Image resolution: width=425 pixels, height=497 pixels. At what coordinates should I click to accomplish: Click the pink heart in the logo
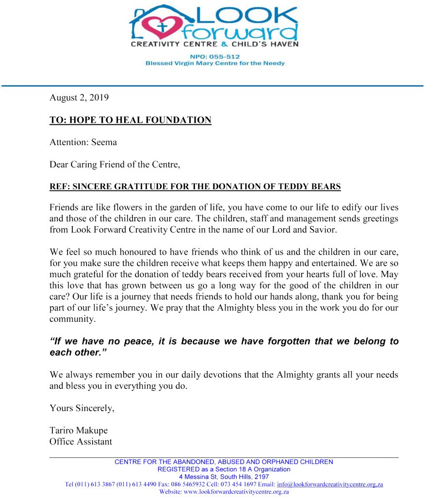[x=162, y=27]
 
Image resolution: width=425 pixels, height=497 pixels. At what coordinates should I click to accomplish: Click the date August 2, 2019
[x=79, y=98]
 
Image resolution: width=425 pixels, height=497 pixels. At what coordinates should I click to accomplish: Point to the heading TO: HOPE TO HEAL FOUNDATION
[x=130, y=120]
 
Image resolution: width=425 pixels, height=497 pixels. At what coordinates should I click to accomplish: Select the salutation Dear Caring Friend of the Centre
[x=115, y=165]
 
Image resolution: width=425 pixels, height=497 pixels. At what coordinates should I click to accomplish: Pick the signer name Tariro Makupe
[x=78, y=431]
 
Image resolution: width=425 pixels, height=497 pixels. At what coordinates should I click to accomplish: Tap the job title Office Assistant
[x=81, y=442]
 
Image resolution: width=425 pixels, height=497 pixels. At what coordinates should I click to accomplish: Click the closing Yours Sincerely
[x=82, y=408]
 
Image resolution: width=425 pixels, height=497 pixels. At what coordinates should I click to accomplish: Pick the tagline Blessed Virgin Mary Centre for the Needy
[x=215, y=64]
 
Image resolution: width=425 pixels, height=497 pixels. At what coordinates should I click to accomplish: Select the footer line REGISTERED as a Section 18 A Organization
[x=224, y=469]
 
